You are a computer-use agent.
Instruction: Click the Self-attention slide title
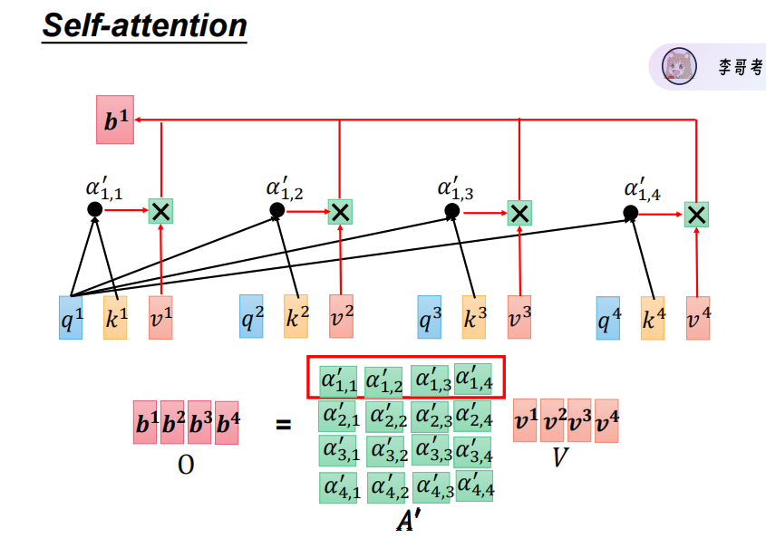point(145,24)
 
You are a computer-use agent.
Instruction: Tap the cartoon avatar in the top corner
point(676,66)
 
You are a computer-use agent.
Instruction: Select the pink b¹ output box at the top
point(115,120)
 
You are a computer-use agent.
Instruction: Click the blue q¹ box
point(71,318)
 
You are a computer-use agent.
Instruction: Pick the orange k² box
point(296,317)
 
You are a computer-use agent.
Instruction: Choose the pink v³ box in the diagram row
point(519,318)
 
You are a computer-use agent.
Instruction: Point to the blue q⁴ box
point(607,318)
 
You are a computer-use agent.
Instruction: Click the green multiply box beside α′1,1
point(160,212)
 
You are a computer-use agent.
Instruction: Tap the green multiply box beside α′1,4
point(696,214)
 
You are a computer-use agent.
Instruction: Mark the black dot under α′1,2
point(277,210)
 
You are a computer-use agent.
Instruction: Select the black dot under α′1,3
point(451,211)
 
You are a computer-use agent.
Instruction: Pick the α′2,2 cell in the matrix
point(384,417)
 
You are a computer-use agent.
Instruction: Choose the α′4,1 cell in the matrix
point(338,487)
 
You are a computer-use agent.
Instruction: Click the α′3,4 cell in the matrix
point(474,449)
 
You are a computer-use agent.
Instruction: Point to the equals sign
point(284,423)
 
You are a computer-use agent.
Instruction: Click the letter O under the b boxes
point(186,465)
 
